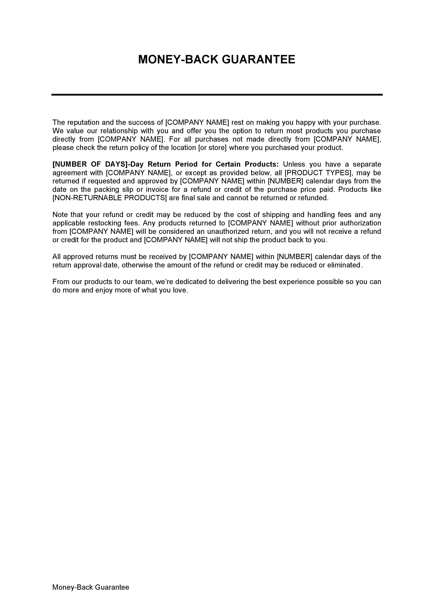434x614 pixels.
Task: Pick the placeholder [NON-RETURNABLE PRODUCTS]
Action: [110, 198]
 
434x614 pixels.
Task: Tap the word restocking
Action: [105, 223]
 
